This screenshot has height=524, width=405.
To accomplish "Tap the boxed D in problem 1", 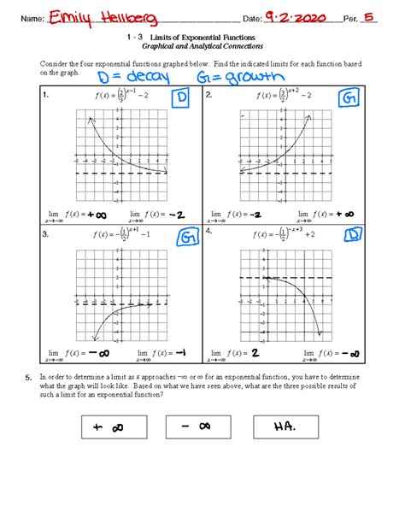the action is pos(180,101).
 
